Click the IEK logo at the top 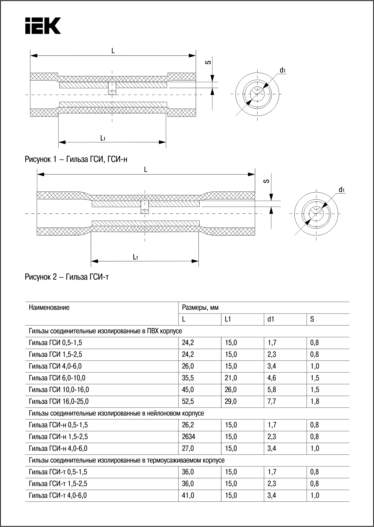(x=43, y=26)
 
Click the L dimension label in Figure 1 (x=113, y=51)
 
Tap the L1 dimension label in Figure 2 (x=135, y=257)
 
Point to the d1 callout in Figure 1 (x=282, y=71)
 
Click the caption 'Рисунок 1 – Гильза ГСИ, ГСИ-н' (x=76, y=159)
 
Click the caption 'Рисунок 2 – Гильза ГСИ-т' (x=67, y=277)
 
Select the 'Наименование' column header (x=49, y=308)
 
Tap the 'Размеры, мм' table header (x=200, y=308)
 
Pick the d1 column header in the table (x=271, y=319)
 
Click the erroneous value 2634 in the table (x=188, y=437)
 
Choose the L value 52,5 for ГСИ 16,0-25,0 (x=188, y=401)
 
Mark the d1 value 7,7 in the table (x=272, y=401)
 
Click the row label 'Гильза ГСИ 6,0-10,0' (x=57, y=378)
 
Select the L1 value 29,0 (x=231, y=401)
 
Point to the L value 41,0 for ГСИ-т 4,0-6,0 (x=188, y=495)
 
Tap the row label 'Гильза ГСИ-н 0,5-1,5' (x=58, y=425)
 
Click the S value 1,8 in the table (x=315, y=401)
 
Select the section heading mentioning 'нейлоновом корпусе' (x=116, y=413)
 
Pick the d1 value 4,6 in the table (x=272, y=378)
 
